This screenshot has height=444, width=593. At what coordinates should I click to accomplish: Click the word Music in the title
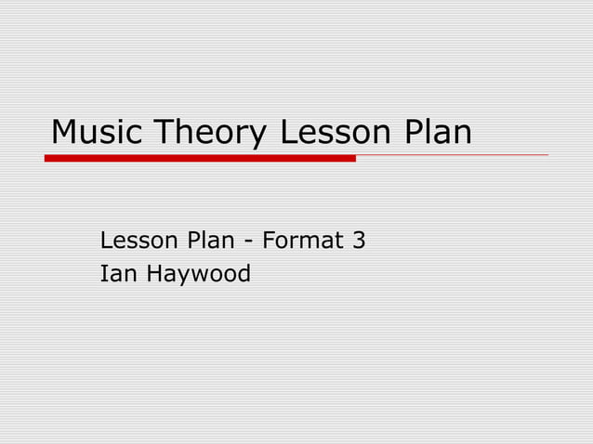[98, 133]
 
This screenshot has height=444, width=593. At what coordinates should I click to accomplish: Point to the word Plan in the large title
[437, 133]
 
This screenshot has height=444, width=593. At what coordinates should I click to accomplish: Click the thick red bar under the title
[200, 158]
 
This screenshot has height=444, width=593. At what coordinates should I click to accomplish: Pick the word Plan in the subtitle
[210, 242]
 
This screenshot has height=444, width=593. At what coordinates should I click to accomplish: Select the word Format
[300, 242]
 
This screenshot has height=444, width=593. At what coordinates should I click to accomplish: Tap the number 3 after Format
[358, 242]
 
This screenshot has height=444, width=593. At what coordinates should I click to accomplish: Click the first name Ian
[117, 274]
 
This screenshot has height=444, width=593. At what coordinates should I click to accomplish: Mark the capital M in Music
[65, 133]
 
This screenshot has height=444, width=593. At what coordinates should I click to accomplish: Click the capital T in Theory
[164, 133]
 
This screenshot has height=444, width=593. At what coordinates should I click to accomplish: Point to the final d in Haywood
[244, 274]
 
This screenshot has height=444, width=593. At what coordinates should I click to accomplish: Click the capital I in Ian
[103, 274]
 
